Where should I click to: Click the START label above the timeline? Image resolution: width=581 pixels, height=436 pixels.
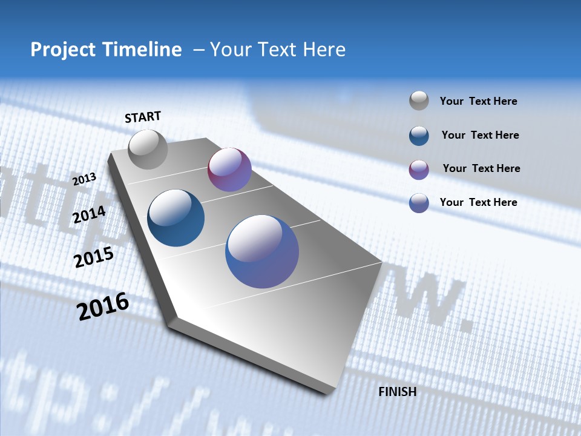click(143, 117)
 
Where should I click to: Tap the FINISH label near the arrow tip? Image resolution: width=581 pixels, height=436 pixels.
click(397, 392)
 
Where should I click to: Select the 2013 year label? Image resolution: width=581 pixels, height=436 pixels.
click(85, 179)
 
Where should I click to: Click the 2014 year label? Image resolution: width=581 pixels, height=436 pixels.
click(90, 215)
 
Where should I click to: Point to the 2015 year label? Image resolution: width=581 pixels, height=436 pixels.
click(94, 257)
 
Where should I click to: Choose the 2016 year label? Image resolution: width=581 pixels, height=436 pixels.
click(103, 306)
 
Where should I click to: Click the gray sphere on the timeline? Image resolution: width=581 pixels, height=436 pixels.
click(148, 149)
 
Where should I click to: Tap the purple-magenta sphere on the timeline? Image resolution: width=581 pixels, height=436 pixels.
click(229, 170)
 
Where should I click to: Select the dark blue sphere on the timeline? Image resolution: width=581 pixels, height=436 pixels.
click(176, 218)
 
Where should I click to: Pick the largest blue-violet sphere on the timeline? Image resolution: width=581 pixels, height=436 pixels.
click(262, 251)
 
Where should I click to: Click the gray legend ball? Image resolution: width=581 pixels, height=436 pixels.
click(419, 101)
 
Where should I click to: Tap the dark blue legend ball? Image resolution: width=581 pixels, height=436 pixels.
click(419, 136)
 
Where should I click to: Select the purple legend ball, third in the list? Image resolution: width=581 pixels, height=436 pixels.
click(419, 170)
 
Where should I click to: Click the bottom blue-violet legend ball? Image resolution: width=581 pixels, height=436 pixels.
click(419, 203)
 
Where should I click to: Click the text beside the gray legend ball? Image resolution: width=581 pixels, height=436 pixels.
click(478, 102)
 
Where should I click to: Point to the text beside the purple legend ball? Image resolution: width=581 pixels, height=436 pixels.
click(481, 168)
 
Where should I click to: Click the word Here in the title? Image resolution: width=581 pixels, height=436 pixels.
click(324, 50)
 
